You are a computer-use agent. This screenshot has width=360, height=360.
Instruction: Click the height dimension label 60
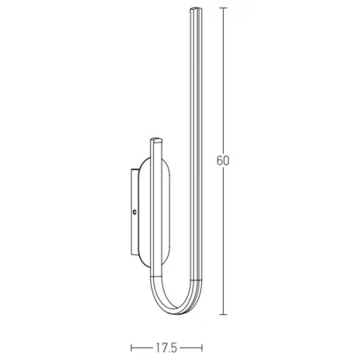[223, 161]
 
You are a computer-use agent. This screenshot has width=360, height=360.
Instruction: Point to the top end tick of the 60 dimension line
[223, 8]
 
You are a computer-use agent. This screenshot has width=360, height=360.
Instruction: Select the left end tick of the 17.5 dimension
[131, 347]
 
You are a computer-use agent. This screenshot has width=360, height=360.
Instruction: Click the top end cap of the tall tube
[196, 10]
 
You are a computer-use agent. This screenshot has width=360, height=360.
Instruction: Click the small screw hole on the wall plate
[134, 211]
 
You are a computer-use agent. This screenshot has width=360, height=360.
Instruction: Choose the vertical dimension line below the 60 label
[223, 240]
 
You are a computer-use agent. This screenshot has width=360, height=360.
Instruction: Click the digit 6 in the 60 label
[220, 161]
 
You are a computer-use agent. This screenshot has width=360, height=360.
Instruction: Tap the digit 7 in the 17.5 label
[160, 347]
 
